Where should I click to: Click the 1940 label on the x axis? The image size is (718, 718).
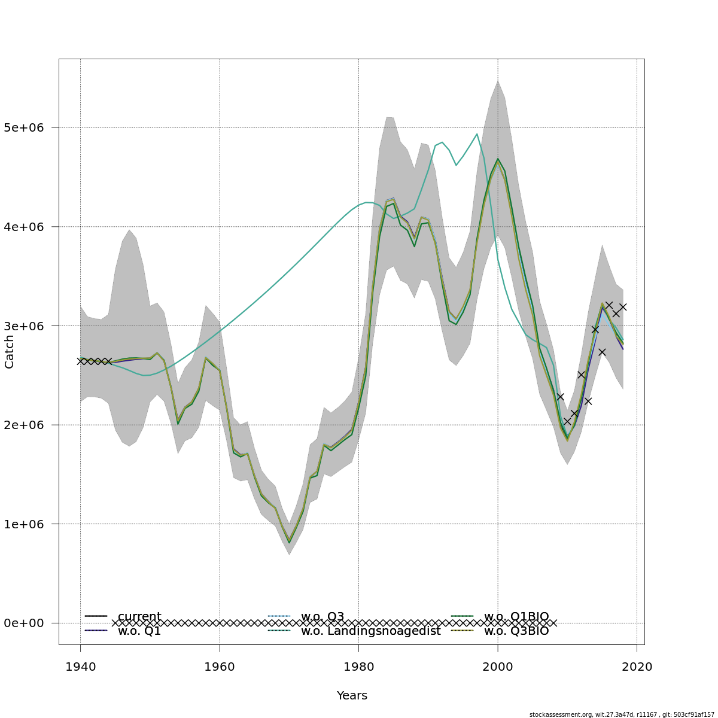coord(80,667)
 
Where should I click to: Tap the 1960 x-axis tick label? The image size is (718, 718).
coord(220,667)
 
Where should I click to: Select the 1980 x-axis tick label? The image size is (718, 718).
coord(358,667)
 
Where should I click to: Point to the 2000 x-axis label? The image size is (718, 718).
coord(498,667)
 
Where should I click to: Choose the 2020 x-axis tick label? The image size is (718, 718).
coord(637,667)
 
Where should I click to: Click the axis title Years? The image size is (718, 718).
coord(352,696)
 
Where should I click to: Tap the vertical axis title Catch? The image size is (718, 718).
coord(10,351)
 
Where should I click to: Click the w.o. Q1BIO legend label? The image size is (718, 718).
coord(516,616)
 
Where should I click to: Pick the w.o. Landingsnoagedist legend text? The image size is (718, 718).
coord(370,631)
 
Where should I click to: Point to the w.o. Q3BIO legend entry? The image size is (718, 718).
coord(516,631)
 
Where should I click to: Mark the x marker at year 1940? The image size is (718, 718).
coord(80,361)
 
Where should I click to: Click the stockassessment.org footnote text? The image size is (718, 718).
coord(622,714)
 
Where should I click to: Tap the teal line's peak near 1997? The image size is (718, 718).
coord(477,134)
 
